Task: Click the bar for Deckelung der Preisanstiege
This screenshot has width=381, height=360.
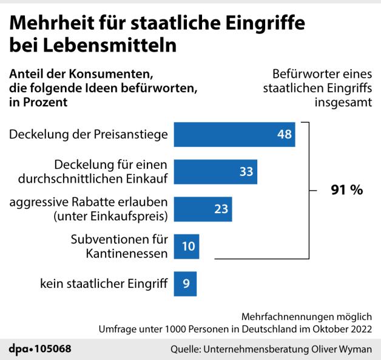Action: click(x=234, y=134)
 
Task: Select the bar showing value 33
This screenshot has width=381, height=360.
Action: click(x=215, y=172)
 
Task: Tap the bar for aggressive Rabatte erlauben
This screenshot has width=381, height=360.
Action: click(x=203, y=209)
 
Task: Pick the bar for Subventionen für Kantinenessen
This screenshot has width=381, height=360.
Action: click(x=186, y=246)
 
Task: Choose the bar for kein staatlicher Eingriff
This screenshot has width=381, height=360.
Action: click(x=185, y=283)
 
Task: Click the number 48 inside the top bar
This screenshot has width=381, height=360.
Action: click(x=285, y=134)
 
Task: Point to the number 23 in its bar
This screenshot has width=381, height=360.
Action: click(x=221, y=209)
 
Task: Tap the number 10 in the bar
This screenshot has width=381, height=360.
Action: click(x=188, y=246)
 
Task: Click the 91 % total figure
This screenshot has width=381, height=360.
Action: click(x=346, y=190)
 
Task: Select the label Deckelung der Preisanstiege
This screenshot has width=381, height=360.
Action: click(x=89, y=134)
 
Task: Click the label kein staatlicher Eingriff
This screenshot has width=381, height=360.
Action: click(x=104, y=284)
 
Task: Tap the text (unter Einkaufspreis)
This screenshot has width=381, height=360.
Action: click(x=111, y=216)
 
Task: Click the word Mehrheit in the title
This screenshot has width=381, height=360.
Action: click(x=49, y=24)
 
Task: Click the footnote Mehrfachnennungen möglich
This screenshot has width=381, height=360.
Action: click(x=307, y=317)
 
